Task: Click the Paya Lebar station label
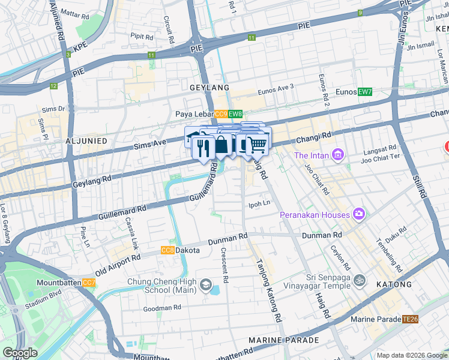coord(194,114)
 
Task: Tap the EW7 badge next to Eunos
coord(365,92)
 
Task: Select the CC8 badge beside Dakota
coord(167,250)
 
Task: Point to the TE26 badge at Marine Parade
coord(411,320)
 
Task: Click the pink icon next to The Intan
coord(338,156)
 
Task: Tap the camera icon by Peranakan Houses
coord(359,214)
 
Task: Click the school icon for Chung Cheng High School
coord(206,284)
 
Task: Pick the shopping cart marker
coord(258,145)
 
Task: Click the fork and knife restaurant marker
coord(203,148)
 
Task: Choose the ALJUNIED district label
coord(86,140)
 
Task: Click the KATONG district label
coord(394,284)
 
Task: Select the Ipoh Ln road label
coord(260,204)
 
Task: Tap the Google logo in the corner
coord(20,353)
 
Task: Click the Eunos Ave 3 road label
coord(276,87)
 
